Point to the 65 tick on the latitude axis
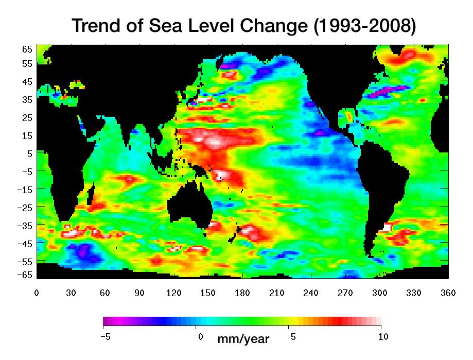27,49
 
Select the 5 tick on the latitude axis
29,153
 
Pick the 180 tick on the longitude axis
242,293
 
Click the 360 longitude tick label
448,293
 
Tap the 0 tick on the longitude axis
37,293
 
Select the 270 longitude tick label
345,293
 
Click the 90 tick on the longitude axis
139,293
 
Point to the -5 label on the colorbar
104,337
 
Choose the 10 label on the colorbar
382,337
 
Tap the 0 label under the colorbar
200,337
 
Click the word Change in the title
270,25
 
